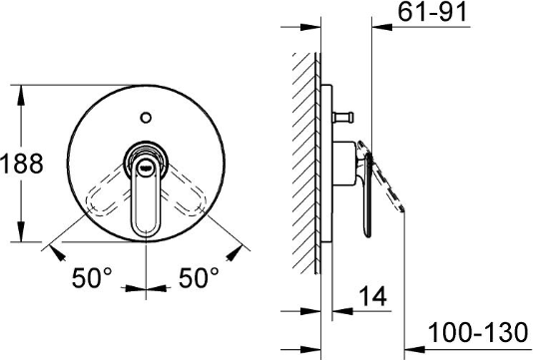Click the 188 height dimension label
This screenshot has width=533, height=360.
[22, 164]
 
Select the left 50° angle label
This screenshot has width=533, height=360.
[92, 277]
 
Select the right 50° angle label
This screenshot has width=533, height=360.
[199, 277]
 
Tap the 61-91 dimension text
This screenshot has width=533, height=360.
[432, 12]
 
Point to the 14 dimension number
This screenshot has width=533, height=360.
[373, 296]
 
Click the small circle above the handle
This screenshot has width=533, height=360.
[146, 118]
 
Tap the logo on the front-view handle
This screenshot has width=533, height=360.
[146, 167]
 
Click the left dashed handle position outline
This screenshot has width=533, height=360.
[106, 191]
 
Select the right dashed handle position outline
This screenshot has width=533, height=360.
[186, 191]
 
